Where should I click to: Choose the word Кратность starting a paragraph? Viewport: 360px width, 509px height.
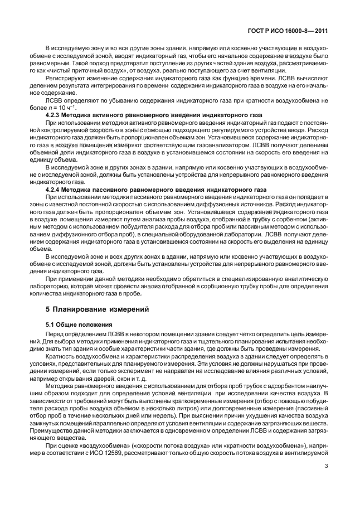pos(62,355)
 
